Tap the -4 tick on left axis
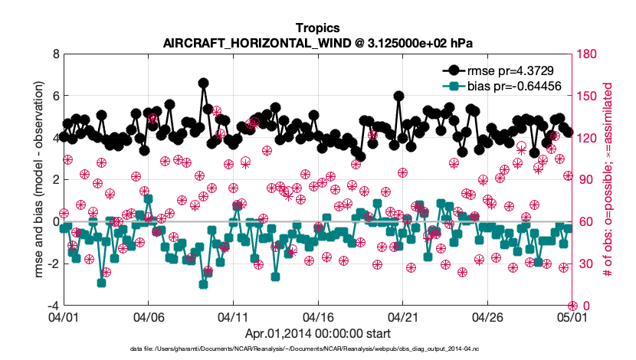53,306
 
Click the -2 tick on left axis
53,263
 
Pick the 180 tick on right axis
588,54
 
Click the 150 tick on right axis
588,97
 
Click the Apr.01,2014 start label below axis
317,333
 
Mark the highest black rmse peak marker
203,83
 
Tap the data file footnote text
317,349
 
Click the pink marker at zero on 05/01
572,305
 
